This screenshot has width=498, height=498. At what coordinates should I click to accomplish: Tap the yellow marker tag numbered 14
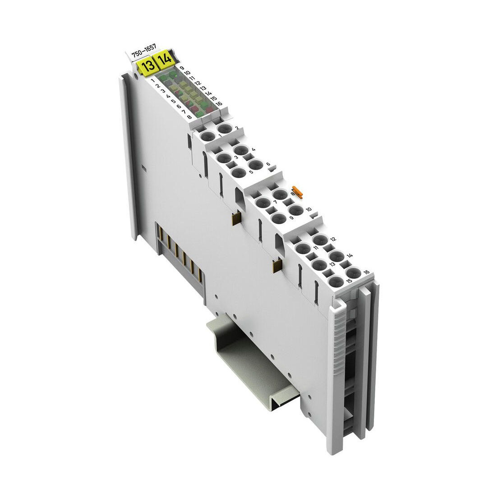coord(164,59)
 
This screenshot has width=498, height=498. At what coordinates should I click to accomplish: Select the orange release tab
coord(297,191)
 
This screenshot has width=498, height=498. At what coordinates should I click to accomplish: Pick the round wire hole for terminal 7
coord(263,202)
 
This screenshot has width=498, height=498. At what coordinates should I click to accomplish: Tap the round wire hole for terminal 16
coord(354,273)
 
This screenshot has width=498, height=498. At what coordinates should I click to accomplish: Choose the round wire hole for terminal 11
coord(303,248)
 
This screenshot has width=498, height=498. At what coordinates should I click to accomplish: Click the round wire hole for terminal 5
coord(239,173)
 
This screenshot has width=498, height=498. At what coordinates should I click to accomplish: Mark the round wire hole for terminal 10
coord(296,210)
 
